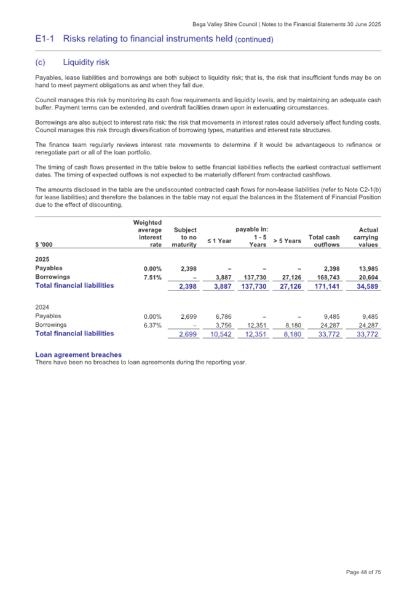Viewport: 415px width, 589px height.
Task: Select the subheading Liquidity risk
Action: (x=86, y=62)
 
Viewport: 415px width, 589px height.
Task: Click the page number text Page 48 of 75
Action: (x=363, y=572)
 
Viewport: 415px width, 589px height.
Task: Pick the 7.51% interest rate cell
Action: (x=152, y=277)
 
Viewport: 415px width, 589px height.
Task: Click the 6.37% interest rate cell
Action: (x=152, y=324)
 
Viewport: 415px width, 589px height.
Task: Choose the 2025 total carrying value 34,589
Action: (x=367, y=286)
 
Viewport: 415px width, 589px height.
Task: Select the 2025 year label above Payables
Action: (x=43, y=259)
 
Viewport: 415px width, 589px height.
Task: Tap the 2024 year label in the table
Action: (x=43, y=306)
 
